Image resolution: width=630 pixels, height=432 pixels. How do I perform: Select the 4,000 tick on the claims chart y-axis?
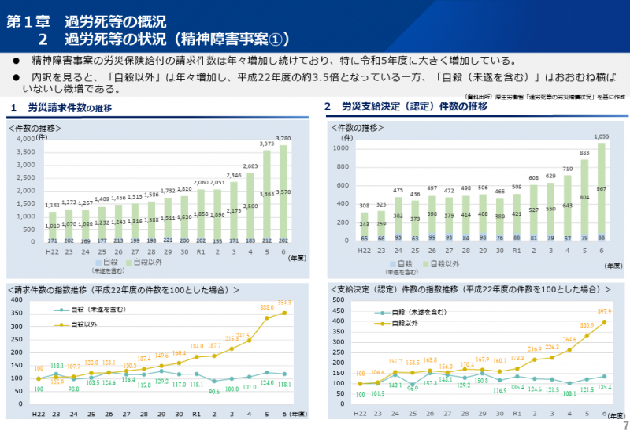click(x=25, y=140)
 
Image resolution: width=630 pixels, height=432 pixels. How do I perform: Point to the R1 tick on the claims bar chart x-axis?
click(x=200, y=250)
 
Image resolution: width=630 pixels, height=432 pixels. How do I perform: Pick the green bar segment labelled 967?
click(x=602, y=189)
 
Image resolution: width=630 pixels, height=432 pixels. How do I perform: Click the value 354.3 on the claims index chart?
click(x=284, y=303)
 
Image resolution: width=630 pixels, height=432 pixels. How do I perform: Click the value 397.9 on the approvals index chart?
click(x=603, y=312)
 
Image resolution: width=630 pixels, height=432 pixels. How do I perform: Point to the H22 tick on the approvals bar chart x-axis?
click(x=364, y=250)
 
